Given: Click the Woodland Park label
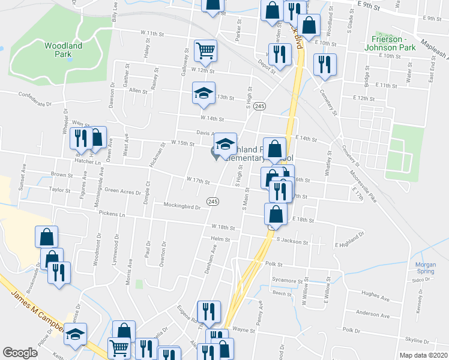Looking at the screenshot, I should coord(62,49).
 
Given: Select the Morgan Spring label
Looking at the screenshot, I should coord(426,268).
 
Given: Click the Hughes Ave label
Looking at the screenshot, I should coord(376,295).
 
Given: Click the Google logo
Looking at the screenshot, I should coord(20,353).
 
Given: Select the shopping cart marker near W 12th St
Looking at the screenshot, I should coord(205,50).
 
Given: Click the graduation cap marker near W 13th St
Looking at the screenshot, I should coord(203,93).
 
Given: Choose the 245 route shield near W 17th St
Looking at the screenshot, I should coord(212,200).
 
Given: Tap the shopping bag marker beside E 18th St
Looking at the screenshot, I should coord(276,215).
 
